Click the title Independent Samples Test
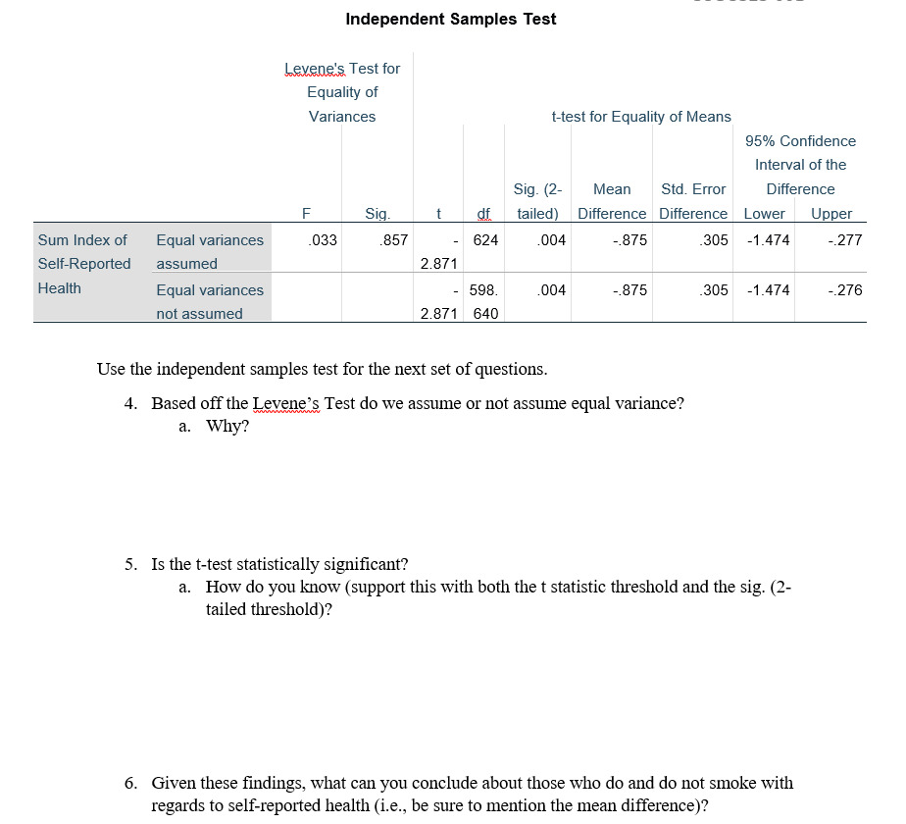tap(451, 19)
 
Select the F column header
tap(306, 214)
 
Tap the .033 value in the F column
tap(323, 240)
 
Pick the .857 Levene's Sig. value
tap(394, 240)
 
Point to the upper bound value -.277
tap(844, 240)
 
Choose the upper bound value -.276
tap(844, 290)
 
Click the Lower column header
tap(765, 214)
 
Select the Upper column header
tap(831, 214)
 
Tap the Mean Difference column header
tap(612, 201)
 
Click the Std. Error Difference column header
tap(693, 201)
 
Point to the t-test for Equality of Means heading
tap(641, 117)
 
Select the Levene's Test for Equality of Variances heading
tap(342, 92)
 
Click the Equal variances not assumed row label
tap(210, 302)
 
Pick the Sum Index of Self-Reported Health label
tap(84, 264)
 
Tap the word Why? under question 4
tap(227, 427)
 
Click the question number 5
tap(130, 564)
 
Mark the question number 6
tap(130, 783)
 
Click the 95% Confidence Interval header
tap(800, 165)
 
